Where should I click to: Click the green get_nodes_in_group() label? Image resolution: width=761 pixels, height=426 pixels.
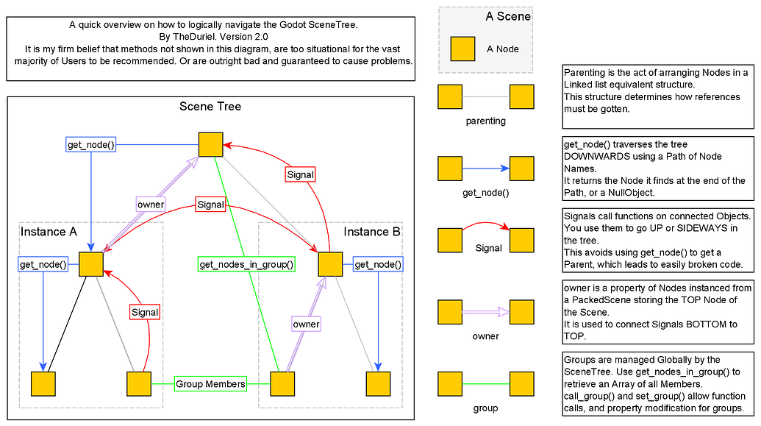[246, 264]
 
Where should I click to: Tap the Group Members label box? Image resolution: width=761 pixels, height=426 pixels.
[210, 384]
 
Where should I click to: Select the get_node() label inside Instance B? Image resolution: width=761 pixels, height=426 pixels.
[378, 264]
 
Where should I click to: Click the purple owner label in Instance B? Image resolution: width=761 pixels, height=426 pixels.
[307, 324]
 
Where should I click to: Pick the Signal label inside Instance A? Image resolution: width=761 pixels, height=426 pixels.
[145, 312]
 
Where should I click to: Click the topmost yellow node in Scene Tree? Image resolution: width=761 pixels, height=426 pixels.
[210, 144]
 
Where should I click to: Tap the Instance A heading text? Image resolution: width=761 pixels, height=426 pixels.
[49, 232]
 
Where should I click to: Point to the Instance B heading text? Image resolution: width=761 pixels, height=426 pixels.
[372, 232]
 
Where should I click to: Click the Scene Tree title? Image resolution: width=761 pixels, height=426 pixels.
[210, 107]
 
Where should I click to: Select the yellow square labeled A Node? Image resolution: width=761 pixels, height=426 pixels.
[462, 49]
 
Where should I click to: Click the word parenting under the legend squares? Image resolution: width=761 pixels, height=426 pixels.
[486, 121]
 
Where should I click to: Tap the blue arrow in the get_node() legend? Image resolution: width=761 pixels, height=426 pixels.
[486, 168]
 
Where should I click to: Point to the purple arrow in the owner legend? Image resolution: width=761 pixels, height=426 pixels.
[486, 313]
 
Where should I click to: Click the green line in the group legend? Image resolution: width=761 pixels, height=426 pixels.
[486, 384]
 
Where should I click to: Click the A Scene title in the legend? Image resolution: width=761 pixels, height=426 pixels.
[508, 16]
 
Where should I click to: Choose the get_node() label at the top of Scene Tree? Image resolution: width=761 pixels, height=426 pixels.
[90, 144]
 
